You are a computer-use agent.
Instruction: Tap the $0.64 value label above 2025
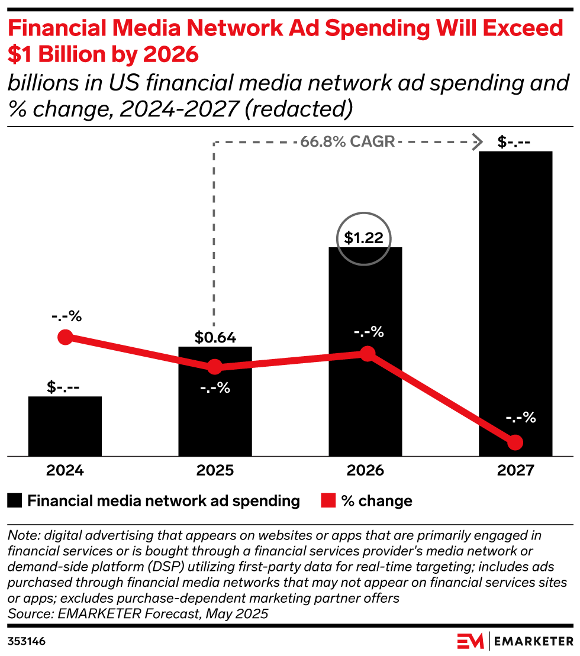point(215,338)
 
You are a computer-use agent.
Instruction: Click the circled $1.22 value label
point(364,238)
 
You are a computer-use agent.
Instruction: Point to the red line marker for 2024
point(65,338)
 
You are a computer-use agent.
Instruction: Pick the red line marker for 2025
point(215,367)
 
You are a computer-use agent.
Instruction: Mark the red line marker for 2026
point(368,354)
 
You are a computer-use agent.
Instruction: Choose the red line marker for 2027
point(515,442)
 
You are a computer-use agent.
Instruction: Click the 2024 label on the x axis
point(65,471)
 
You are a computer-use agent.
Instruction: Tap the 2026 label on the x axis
point(365,471)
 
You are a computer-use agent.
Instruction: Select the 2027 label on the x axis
point(515,471)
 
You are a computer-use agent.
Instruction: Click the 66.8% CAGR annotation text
point(347,142)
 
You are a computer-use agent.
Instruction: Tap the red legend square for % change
point(328,501)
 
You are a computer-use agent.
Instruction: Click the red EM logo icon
point(471,641)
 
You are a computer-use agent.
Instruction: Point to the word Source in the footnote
point(29,614)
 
